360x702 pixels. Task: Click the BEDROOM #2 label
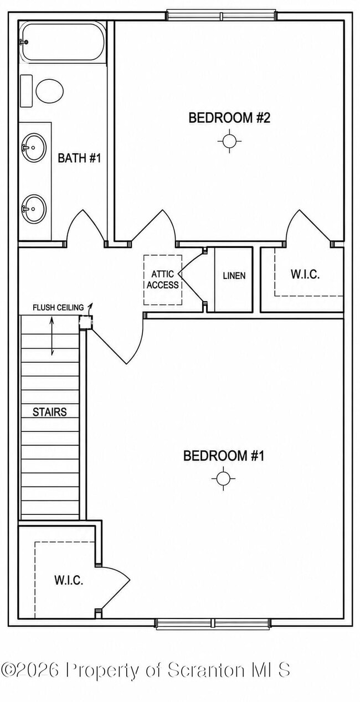point(229,118)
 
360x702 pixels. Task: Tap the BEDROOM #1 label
point(224,456)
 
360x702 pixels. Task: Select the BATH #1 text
point(79,158)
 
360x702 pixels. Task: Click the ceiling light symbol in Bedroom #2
point(229,141)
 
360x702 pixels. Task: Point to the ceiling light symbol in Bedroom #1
point(223,478)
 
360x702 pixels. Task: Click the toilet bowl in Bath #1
point(49,91)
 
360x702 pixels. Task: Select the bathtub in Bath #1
point(62,42)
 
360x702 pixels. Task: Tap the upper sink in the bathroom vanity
point(34,148)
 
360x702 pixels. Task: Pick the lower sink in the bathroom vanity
point(34,209)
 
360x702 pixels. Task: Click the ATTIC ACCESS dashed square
point(163,280)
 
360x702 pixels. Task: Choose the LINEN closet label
point(234,276)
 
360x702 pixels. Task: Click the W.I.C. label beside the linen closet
point(305,275)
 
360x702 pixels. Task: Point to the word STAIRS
point(49,412)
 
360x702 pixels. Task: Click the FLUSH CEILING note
point(58,307)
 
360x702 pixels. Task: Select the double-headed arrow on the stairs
point(52,336)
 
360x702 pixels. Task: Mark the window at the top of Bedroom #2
point(222,16)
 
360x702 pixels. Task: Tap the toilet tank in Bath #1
point(27,91)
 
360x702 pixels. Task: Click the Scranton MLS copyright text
point(146,670)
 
